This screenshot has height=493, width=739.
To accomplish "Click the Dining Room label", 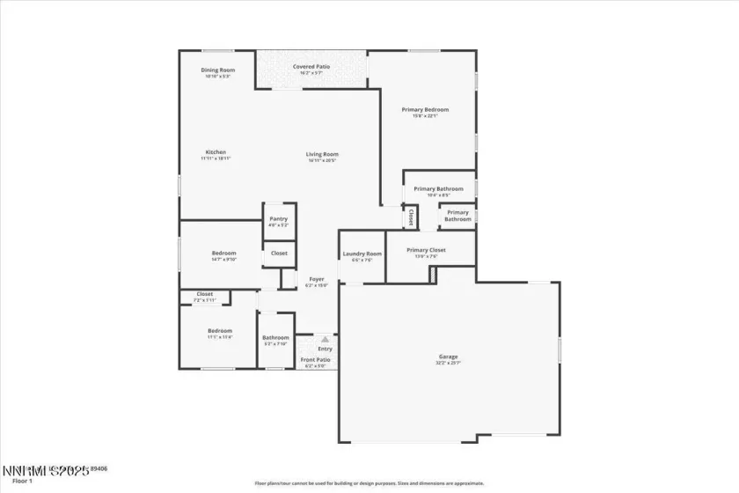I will [x=216, y=70].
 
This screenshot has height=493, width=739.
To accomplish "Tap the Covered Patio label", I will [x=311, y=67].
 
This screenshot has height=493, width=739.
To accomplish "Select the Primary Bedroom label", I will [x=425, y=109].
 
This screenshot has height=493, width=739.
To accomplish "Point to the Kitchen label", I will [x=216, y=152].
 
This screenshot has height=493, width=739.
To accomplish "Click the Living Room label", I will [x=323, y=154].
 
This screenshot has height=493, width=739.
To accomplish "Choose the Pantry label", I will [x=278, y=219].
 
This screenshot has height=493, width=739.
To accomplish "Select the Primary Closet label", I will [x=426, y=250].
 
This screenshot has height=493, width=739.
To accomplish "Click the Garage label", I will [x=448, y=357].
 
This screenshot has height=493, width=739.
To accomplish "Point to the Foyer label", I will [x=316, y=279].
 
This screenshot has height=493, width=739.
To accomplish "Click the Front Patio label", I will [x=316, y=359].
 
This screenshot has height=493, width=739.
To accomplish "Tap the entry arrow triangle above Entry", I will [x=325, y=338].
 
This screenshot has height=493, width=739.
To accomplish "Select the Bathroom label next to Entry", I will [x=275, y=337].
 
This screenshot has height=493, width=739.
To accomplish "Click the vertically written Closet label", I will [x=410, y=217].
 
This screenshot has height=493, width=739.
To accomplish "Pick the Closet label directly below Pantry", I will [x=278, y=254].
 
